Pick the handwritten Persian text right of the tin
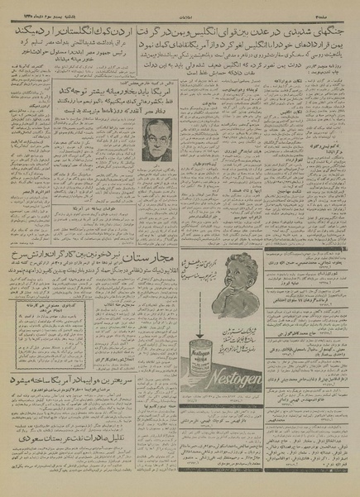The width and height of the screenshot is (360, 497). coord(252,319)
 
